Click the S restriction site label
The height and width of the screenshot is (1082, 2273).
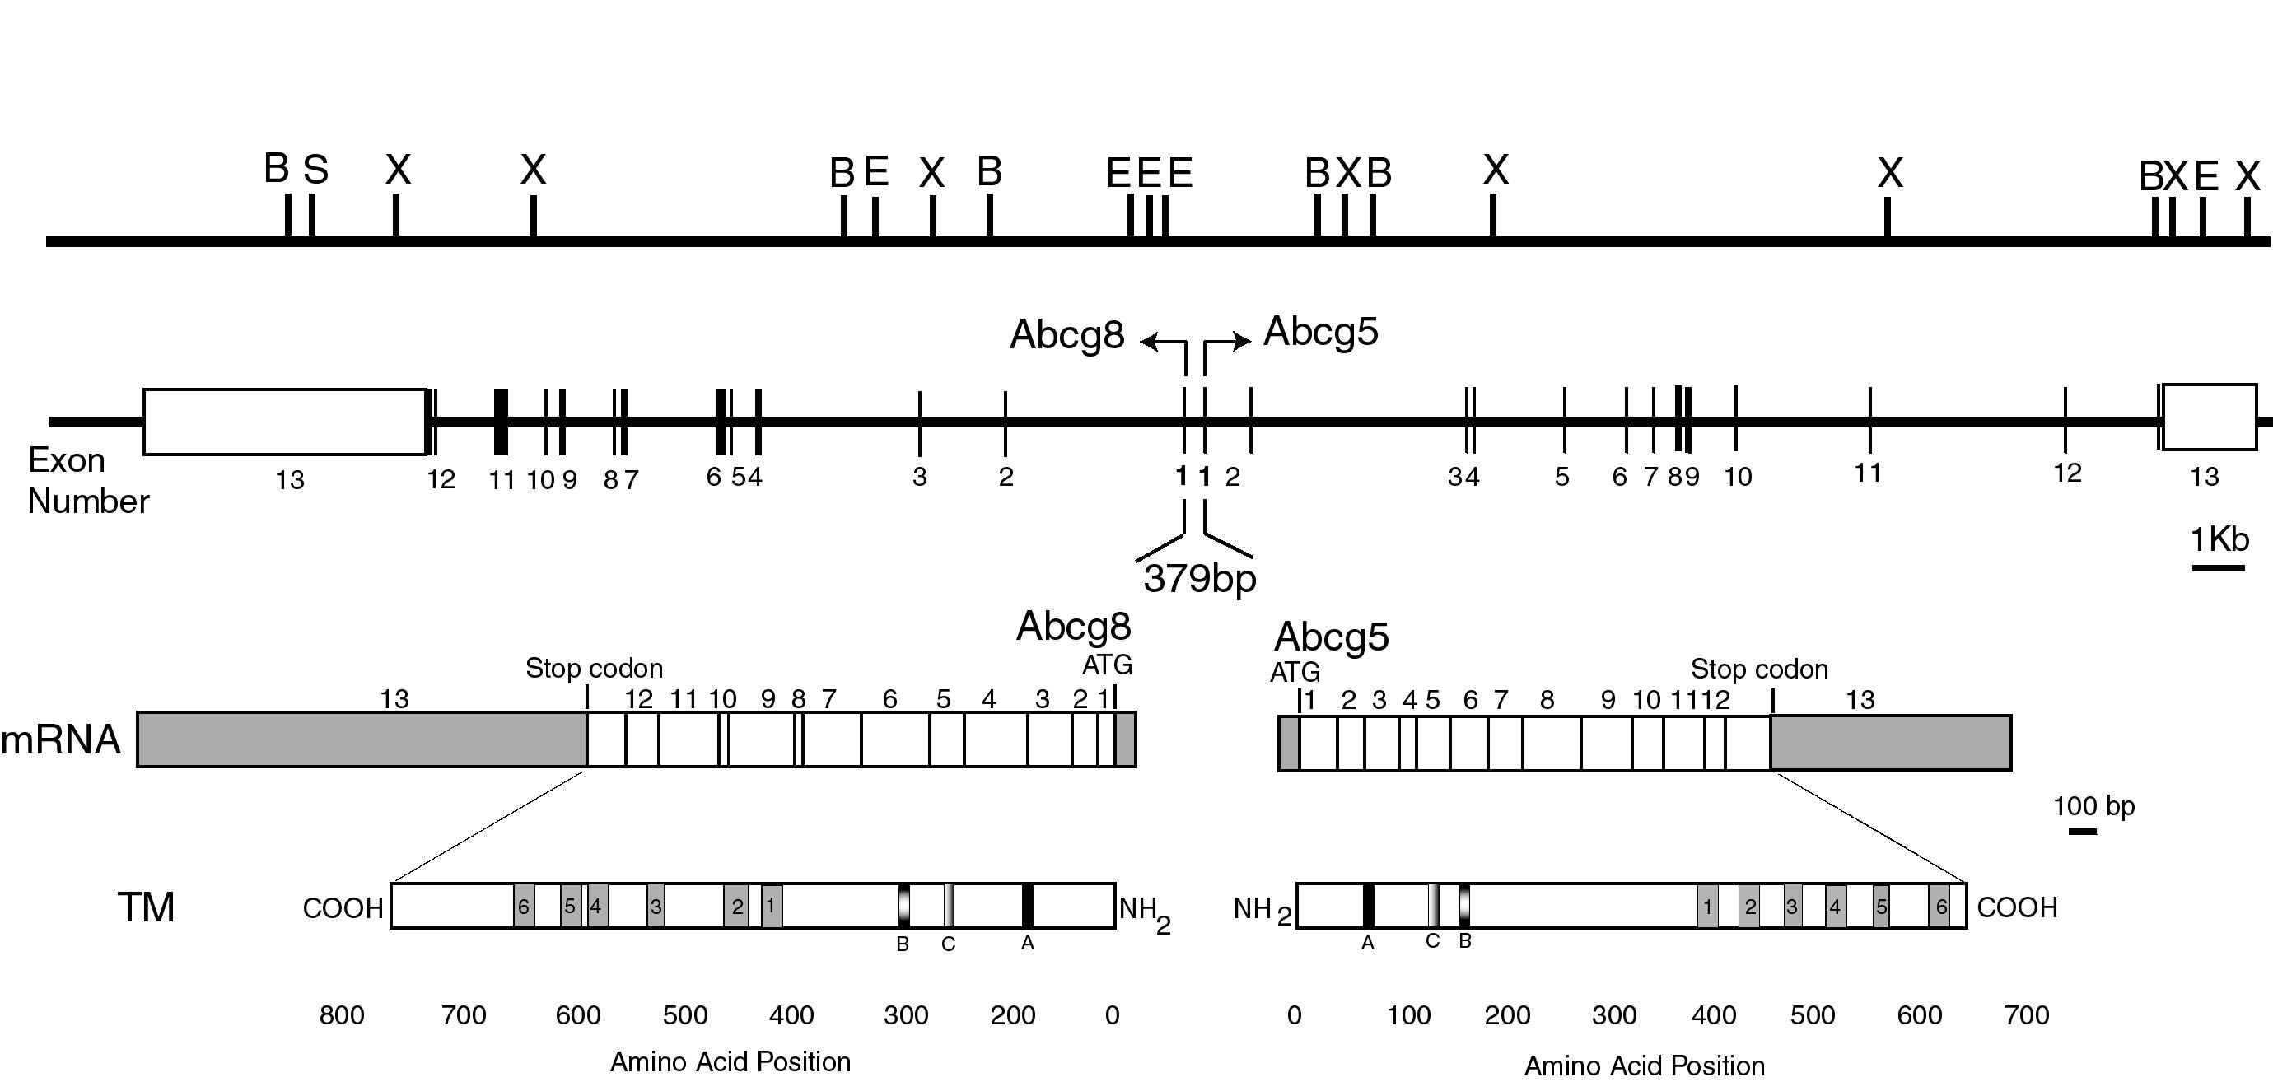point(316,170)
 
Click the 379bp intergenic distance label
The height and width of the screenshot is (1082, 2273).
point(1200,579)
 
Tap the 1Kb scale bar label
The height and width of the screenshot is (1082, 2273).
point(2220,539)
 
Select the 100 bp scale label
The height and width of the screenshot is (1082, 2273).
point(2093,807)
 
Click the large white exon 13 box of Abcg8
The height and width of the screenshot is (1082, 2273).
point(285,422)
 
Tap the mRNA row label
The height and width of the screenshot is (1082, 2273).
point(60,739)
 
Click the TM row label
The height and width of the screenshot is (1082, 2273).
point(147,907)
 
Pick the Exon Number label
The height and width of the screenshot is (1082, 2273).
point(87,481)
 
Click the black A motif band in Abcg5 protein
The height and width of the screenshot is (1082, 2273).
point(1369,906)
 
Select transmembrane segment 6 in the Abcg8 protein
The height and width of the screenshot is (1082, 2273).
point(524,906)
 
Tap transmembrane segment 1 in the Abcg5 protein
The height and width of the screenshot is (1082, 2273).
point(1708,907)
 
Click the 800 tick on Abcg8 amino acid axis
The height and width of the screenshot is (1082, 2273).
point(342,1015)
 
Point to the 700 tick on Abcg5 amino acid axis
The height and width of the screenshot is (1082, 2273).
point(2027,1015)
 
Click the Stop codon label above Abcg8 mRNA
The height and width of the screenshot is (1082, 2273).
point(594,668)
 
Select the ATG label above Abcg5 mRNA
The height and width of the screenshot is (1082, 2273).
point(1295,673)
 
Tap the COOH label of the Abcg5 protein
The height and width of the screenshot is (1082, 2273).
point(2017,907)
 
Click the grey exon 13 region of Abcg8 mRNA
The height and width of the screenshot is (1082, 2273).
point(362,739)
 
